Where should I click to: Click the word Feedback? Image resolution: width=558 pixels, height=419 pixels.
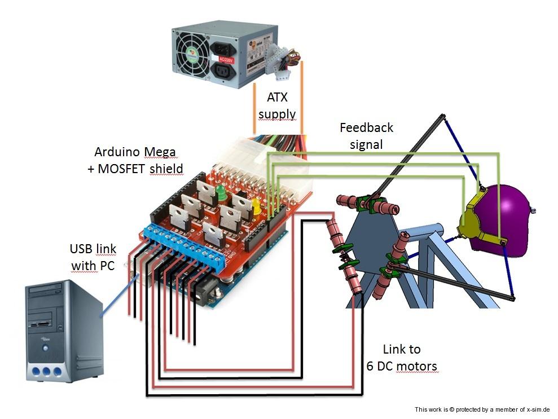[x=366, y=127]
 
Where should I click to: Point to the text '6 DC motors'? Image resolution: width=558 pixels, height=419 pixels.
[x=401, y=366]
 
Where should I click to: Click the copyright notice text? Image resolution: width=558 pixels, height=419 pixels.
[x=481, y=409]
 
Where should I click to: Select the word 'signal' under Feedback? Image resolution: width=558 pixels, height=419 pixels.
[x=366, y=144]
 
